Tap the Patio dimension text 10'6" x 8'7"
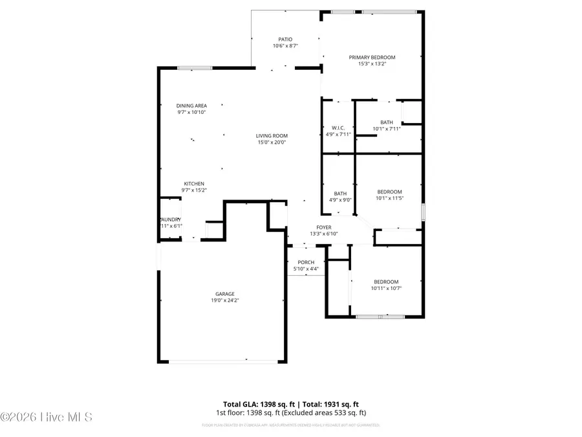coord(285,46)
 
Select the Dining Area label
coord(191,106)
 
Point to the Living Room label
coord(272,135)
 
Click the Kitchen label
coord(194,184)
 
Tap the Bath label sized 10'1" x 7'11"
coord(386,122)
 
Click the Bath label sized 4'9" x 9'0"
coord(340,194)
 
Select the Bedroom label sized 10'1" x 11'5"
coord(390,192)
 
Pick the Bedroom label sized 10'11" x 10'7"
coord(386,282)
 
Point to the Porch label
coord(306,262)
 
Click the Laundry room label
coord(171,219)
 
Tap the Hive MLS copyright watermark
coord(47,417)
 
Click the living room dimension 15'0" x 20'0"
coord(272,142)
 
